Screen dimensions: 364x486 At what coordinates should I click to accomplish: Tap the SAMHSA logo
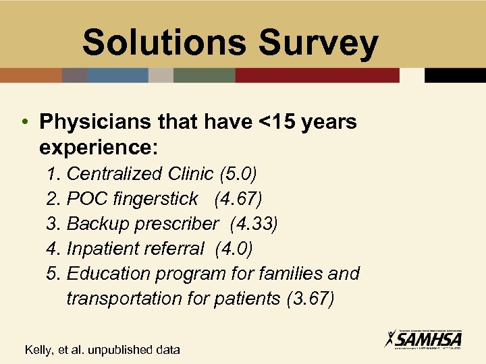point(423,339)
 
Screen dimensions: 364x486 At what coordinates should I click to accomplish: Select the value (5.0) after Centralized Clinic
point(238,174)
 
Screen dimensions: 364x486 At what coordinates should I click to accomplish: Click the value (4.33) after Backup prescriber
point(254,224)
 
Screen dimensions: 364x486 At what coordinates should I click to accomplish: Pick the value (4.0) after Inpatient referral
point(234,249)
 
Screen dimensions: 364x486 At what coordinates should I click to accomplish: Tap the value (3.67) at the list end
point(310,298)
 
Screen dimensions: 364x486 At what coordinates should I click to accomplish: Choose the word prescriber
point(178,224)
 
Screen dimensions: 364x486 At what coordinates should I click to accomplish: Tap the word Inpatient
point(103,249)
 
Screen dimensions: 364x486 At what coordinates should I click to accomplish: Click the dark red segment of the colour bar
point(317,75)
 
